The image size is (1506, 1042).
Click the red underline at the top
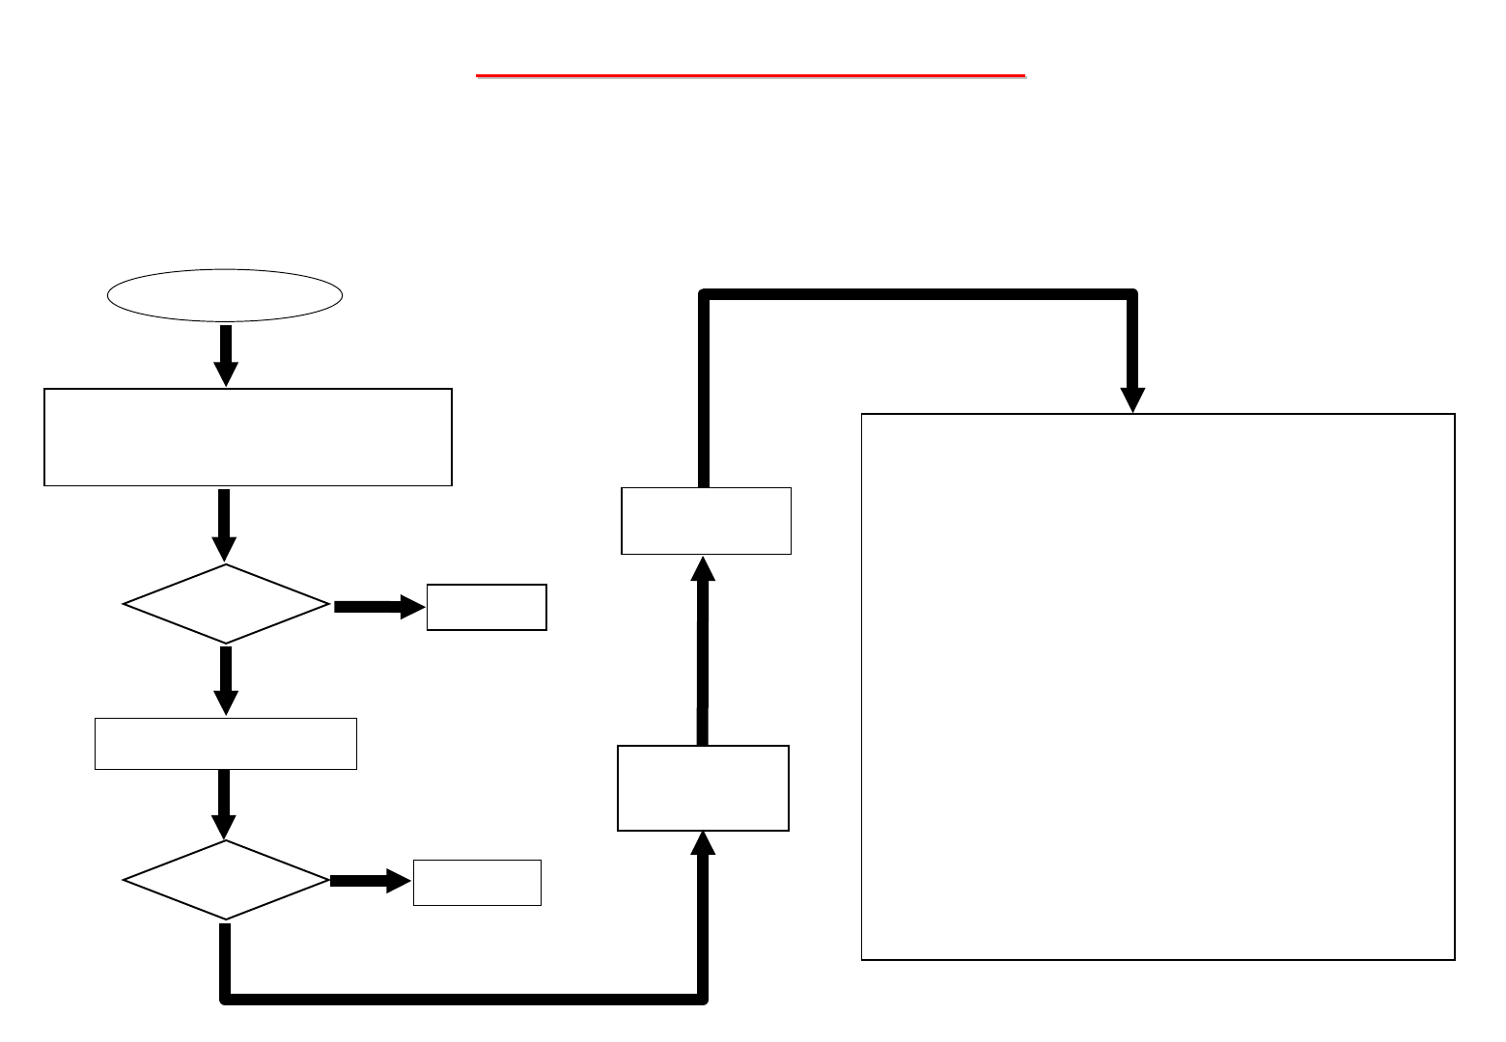pyautogui.click(x=750, y=74)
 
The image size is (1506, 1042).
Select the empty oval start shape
pyautogui.click(x=225, y=295)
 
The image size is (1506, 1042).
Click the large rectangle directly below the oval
pyautogui.click(x=248, y=437)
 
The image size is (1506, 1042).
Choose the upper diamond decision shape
pyautogui.click(x=226, y=604)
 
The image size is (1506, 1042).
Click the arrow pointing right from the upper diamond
pyautogui.click(x=377, y=607)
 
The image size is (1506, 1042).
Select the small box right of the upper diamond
pyautogui.click(x=487, y=607)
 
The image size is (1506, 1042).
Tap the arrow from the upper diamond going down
pyautogui.click(x=226, y=679)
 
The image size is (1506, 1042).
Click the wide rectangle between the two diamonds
pyautogui.click(x=226, y=744)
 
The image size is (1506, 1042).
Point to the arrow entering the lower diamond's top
pyautogui.click(x=224, y=804)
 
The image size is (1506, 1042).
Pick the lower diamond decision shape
pyautogui.click(x=226, y=880)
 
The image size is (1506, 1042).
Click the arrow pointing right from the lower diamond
pyautogui.click(x=370, y=881)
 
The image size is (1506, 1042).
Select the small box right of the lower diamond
pyautogui.click(x=477, y=883)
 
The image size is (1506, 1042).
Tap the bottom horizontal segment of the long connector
pyautogui.click(x=463, y=999)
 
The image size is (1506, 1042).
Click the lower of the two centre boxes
pyautogui.click(x=703, y=787)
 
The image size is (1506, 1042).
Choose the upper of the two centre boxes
pyautogui.click(x=706, y=521)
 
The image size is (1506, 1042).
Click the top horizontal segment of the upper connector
pyautogui.click(x=917, y=294)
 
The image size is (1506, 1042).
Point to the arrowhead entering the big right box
pyautogui.click(x=1132, y=399)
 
